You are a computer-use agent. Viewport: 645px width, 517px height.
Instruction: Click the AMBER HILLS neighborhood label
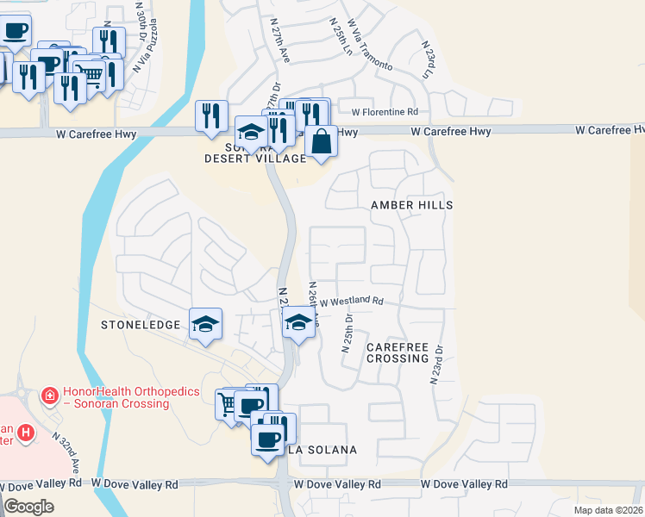pyautogui.click(x=411, y=205)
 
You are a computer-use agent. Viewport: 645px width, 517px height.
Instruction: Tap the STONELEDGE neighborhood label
pyautogui.click(x=141, y=325)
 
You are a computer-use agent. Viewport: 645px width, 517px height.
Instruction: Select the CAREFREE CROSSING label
pyautogui.click(x=397, y=352)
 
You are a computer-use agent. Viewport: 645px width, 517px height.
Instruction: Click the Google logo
pyautogui.click(x=28, y=507)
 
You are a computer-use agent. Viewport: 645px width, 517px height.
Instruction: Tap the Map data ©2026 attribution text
pyautogui.click(x=608, y=510)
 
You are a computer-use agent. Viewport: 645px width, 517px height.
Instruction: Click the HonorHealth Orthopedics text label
pyautogui.click(x=121, y=397)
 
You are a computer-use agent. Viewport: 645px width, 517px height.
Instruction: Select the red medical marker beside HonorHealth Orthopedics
pyautogui.click(x=51, y=395)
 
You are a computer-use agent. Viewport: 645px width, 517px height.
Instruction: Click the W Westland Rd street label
pyautogui.click(x=351, y=301)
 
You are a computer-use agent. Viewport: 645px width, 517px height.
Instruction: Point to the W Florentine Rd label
pyautogui.click(x=385, y=111)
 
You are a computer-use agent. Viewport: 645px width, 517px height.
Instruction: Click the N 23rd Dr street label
pyautogui.click(x=436, y=364)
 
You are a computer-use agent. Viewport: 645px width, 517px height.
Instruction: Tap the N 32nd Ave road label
pyautogui.click(x=66, y=450)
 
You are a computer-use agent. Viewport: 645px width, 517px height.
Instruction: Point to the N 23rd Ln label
pyautogui.click(x=427, y=61)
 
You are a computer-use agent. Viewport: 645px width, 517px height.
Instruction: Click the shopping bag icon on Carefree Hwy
pyautogui.click(x=321, y=140)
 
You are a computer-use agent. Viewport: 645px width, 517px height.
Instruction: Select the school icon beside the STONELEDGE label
pyautogui.click(x=206, y=324)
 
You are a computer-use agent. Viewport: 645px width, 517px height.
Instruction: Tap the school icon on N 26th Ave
pyautogui.click(x=298, y=323)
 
